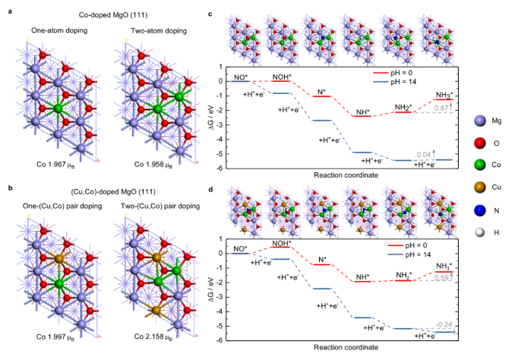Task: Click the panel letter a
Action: [x=7, y=6]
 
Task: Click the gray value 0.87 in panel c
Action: [x=443, y=109]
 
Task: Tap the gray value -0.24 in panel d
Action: [x=443, y=324]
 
